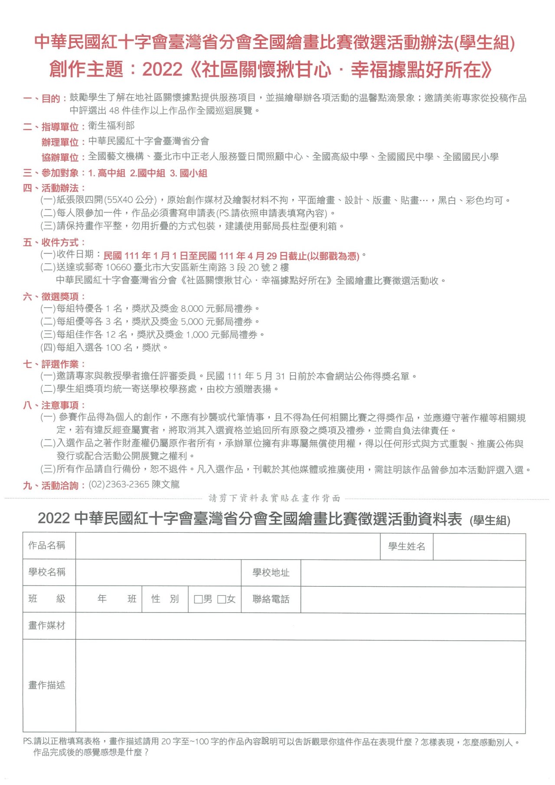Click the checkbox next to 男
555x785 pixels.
click(x=199, y=599)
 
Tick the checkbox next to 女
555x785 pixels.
click(x=222, y=599)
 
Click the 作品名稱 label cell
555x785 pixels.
click(x=47, y=545)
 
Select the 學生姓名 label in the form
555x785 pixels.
click(x=406, y=547)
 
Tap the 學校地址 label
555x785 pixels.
click(x=271, y=573)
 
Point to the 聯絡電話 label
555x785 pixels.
click(x=271, y=599)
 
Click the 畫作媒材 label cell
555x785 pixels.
click(x=47, y=625)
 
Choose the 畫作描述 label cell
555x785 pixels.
click(x=47, y=685)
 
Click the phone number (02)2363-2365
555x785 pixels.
click(x=119, y=484)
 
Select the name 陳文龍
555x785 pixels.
click(x=166, y=484)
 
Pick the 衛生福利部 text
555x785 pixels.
click(x=111, y=126)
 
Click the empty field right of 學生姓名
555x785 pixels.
click(x=479, y=547)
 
